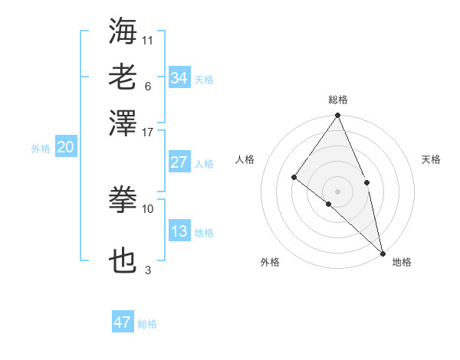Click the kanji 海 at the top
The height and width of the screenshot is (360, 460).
click(x=123, y=31)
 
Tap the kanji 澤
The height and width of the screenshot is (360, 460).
click(x=123, y=122)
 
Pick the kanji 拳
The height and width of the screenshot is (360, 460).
click(x=123, y=200)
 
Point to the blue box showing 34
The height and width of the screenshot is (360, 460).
click(x=179, y=77)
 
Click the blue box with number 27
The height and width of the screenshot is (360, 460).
click(x=179, y=162)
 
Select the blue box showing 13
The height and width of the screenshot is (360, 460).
click(x=179, y=231)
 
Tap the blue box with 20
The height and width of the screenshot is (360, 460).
click(x=65, y=148)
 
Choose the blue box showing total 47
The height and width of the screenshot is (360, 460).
click(x=123, y=322)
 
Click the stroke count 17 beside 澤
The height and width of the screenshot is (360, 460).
click(x=148, y=132)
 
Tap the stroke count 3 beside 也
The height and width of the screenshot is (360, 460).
click(x=148, y=270)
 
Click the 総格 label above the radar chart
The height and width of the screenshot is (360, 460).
click(x=338, y=100)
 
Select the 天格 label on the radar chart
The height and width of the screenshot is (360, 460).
click(x=431, y=159)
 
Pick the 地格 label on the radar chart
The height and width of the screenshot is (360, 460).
click(x=402, y=262)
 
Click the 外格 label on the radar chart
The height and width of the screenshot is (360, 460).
click(x=270, y=262)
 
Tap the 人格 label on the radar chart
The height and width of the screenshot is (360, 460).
click(x=245, y=159)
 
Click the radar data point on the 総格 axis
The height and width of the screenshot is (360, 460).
click(x=338, y=116)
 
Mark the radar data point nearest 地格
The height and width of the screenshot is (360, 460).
click(x=383, y=252)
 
